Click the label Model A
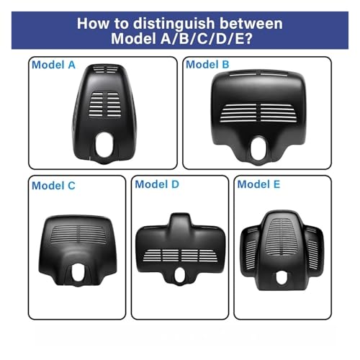point(53,65)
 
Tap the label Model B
point(207,64)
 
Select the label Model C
point(53,186)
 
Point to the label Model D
point(157,184)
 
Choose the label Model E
point(258,184)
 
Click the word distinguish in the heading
point(174,24)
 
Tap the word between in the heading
point(251,24)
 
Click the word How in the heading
point(93,24)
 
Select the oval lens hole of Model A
point(104,145)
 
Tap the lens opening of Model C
point(78,272)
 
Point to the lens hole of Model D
point(179,275)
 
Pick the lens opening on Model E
point(282,278)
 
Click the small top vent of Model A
point(106,69)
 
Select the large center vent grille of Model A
point(105,105)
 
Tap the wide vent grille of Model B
point(259,113)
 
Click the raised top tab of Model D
point(180,220)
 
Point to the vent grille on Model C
point(78,234)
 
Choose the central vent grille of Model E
point(282,237)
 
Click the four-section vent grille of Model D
point(181,256)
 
